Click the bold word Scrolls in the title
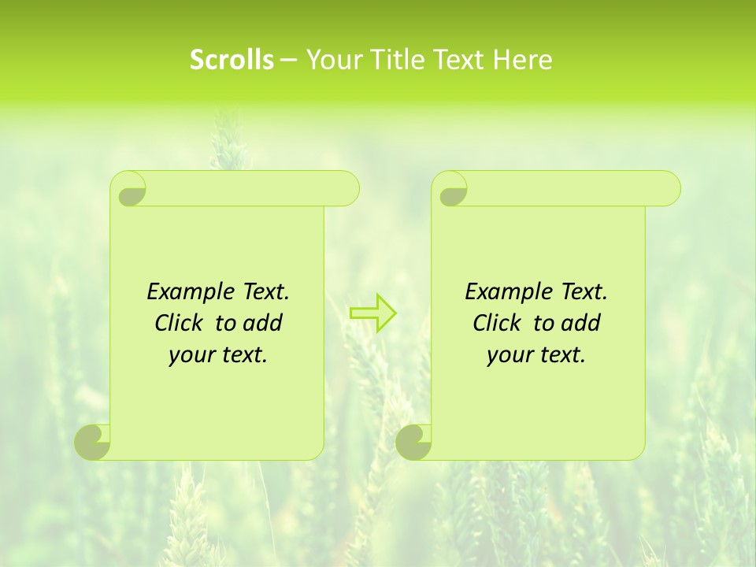(232, 60)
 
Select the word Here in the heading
(523, 60)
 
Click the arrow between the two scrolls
(373, 313)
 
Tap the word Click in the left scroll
(180, 323)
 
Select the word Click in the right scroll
(498, 323)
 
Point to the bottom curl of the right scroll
(413, 442)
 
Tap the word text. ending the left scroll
(242, 355)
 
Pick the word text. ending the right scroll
(560, 355)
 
